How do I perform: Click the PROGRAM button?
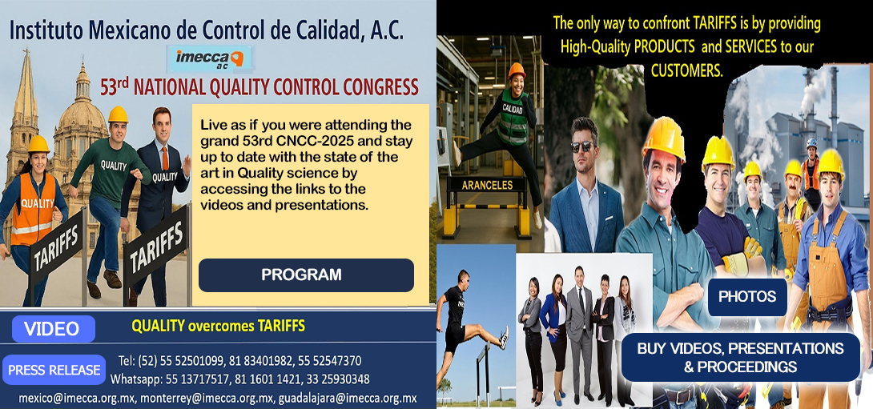(x=306, y=275)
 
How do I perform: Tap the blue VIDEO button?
(x=53, y=329)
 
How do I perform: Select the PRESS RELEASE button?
(x=54, y=370)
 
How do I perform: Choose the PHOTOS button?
(x=746, y=297)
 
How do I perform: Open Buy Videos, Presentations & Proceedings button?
(x=740, y=358)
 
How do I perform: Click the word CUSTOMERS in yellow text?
(x=686, y=70)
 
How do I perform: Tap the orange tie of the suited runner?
(x=165, y=158)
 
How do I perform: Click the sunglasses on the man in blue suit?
(x=582, y=146)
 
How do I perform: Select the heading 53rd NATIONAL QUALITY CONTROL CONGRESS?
(x=259, y=87)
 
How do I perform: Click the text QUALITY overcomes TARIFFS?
(x=218, y=326)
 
